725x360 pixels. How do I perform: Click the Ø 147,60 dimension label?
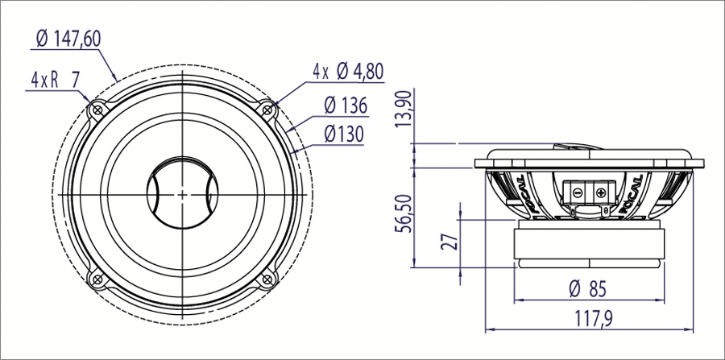(68, 38)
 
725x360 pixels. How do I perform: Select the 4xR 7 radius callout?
(55, 80)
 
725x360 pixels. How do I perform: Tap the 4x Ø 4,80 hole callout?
(348, 71)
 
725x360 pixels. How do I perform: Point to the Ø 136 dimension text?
(346, 105)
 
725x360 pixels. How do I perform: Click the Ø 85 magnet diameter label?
(587, 288)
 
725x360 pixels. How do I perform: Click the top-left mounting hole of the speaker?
(97, 109)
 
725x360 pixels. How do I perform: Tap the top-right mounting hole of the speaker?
(267, 109)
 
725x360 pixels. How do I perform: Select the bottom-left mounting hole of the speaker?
(97, 279)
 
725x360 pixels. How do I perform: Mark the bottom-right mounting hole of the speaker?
(267, 279)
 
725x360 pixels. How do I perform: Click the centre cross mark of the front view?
(183, 194)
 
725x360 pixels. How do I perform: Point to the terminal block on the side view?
(589, 192)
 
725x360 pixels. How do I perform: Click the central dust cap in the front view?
(183, 194)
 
